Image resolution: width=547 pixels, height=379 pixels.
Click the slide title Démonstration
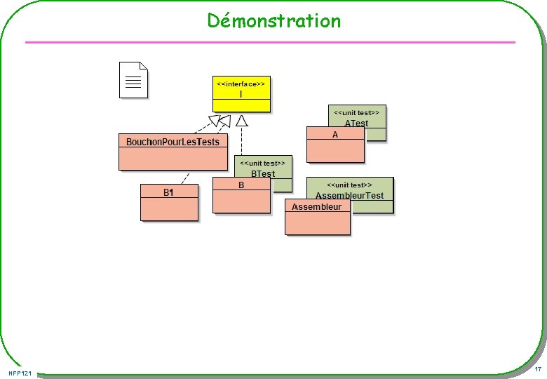click(273, 21)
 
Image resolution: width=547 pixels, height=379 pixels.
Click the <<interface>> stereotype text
click(241, 83)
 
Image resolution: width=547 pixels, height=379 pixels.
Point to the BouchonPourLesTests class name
click(173, 142)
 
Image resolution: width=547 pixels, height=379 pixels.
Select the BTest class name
click(263, 173)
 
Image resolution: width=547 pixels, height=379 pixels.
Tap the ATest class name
click(356, 123)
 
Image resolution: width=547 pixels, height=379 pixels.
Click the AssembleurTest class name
click(349, 195)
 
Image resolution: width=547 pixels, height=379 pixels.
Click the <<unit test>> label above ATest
click(356, 112)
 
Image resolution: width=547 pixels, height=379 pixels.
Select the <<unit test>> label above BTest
click(262, 163)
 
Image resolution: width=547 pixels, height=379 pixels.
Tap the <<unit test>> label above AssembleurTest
click(349, 185)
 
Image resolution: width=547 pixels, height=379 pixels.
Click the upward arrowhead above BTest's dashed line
click(241, 121)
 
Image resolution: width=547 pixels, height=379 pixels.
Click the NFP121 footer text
click(21, 372)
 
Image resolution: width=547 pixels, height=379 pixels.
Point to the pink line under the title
click(270, 43)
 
